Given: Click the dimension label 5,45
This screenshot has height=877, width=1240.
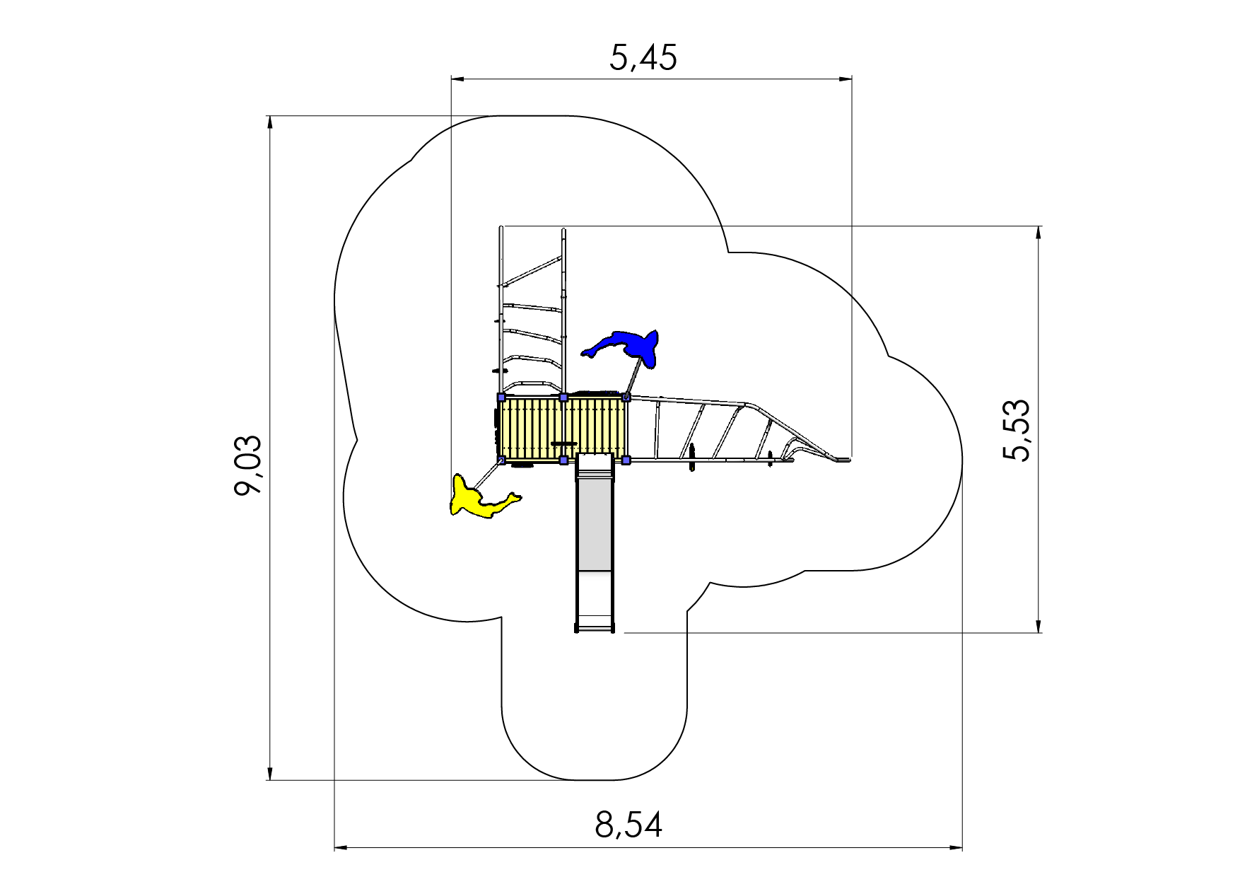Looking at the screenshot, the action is tap(643, 57).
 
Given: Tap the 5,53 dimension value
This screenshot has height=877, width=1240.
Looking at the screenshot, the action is tap(1017, 431).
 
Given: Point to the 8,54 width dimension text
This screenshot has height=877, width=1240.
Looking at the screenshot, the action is tap(628, 825).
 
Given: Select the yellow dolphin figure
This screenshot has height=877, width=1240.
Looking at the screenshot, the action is tap(481, 498).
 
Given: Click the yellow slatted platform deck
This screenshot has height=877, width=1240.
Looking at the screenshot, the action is tap(563, 429).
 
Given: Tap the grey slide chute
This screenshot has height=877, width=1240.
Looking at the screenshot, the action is tap(595, 542).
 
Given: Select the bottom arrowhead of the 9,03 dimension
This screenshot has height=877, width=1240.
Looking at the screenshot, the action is tap(269, 772).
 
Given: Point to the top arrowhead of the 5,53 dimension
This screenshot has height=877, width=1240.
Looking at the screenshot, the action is tap(1038, 235).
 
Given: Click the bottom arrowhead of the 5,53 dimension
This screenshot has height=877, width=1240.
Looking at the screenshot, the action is tap(1038, 624).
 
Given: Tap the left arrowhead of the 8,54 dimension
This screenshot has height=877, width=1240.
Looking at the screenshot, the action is tap(343, 847).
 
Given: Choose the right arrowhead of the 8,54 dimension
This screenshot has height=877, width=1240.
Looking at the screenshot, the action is tap(954, 847).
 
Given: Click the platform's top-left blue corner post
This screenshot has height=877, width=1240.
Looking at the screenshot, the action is tap(501, 397).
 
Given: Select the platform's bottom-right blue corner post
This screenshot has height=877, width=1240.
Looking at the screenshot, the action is tap(626, 460).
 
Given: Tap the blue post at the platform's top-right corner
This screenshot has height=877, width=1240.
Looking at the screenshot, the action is tap(626, 397).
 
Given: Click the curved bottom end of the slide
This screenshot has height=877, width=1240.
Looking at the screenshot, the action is tap(595, 627).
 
